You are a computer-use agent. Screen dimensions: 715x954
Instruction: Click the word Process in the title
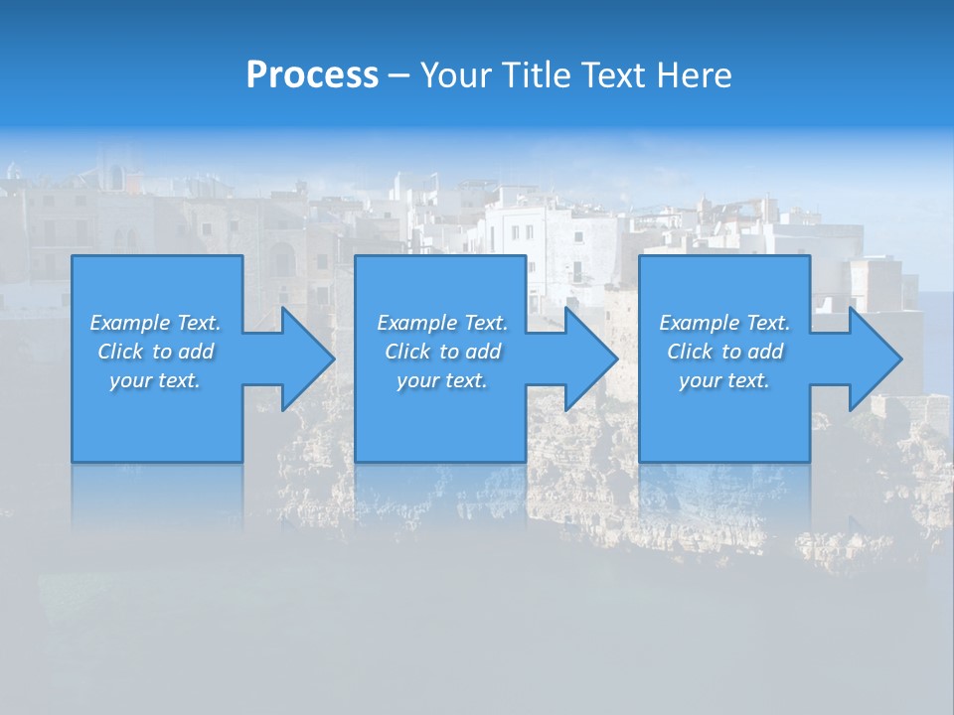[312, 75]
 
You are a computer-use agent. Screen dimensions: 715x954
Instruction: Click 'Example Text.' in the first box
[155, 323]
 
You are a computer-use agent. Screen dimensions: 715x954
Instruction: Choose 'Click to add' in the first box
[155, 352]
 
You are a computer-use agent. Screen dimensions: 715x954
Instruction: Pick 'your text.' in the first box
[155, 380]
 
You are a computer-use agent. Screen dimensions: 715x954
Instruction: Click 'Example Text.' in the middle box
[442, 323]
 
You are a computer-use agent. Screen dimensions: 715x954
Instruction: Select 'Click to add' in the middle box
[442, 352]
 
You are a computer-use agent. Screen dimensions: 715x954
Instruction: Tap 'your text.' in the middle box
[442, 380]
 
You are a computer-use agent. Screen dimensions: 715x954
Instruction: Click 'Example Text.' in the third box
[724, 323]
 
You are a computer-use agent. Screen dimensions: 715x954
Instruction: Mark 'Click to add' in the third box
[724, 352]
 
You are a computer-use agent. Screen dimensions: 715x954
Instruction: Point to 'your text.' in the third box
[724, 380]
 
